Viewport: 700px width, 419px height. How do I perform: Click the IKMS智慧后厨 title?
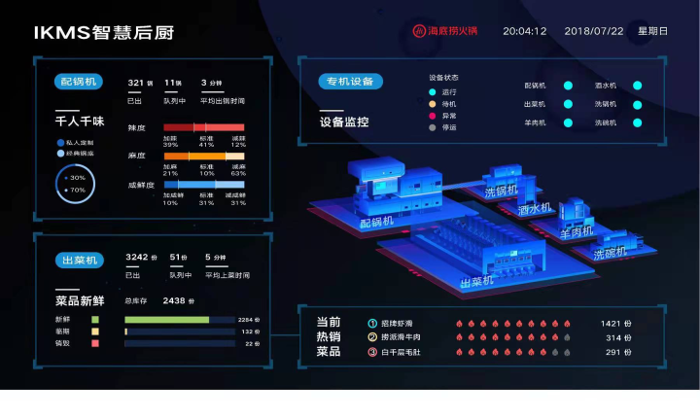click(x=104, y=32)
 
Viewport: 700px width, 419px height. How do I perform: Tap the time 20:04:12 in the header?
click(x=524, y=31)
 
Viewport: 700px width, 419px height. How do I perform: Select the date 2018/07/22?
click(x=593, y=31)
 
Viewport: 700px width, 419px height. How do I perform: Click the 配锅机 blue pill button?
click(x=79, y=82)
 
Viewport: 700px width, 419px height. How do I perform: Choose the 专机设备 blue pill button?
click(x=350, y=82)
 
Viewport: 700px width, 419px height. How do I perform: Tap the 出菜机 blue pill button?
click(x=79, y=260)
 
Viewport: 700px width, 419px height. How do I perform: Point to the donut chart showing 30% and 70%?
click(x=75, y=183)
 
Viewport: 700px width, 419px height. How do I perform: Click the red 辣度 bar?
click(x=203, y=127)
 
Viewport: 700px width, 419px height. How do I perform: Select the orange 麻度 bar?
click(x=203, y=156)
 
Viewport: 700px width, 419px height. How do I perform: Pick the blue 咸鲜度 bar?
click(x=203, y=185)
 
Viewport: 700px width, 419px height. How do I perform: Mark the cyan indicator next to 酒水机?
click(x=638, y=86)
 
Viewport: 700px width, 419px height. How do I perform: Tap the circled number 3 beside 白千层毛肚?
click(x=371, y=352)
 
